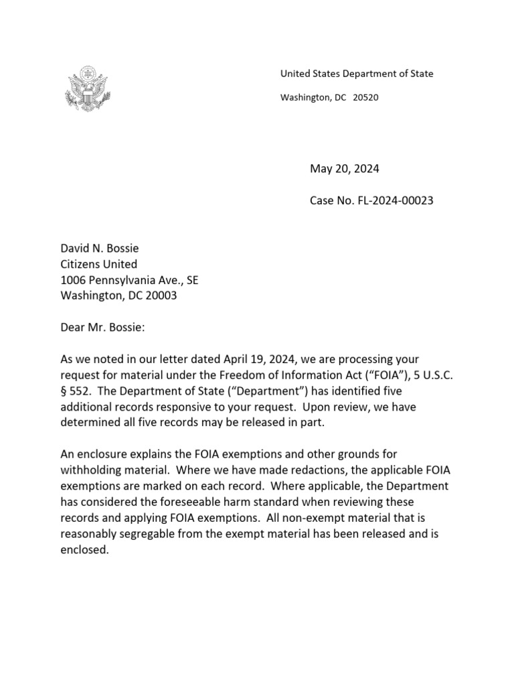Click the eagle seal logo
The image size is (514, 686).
click(85, 88)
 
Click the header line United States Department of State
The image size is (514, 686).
click(356, 74)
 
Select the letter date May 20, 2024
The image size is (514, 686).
click(344, 169)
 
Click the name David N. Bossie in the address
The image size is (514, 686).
click(100, 249)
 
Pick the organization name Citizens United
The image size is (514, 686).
click(99, 264)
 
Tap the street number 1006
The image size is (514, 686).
click(73, 280)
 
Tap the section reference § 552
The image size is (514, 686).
click(76, 391)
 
